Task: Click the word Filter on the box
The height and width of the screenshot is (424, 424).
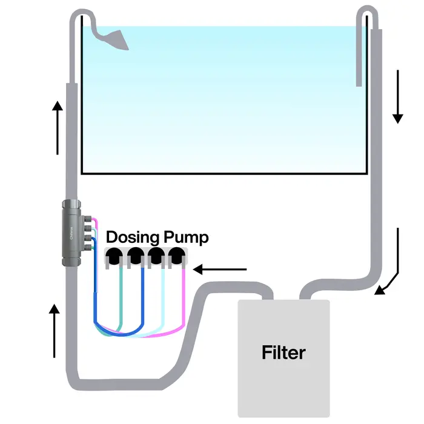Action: click(x=283, y=352)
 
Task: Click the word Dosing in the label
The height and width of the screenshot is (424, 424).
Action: click(x=132, y=237)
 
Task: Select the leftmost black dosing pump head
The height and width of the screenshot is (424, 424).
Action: click(x=113, y=258)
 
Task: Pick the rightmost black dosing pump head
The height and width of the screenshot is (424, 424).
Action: click(x=177, y=258)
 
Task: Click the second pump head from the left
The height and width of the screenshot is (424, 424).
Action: click(x=135, y=258)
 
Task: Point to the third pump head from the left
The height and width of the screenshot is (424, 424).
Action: click(x=156, y=258)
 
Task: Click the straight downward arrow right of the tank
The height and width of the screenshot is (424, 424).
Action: click(x=397, y=96)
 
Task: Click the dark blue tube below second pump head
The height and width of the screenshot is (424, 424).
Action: click(x=142, y=297)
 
